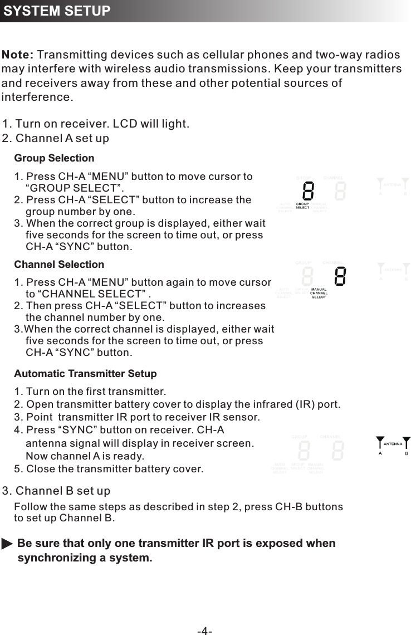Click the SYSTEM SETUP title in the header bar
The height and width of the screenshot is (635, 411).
(57, 11)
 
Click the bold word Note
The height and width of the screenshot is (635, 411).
(18, 55)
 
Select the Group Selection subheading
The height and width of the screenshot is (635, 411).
(54, 158)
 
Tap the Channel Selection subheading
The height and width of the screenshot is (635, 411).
(59, 265)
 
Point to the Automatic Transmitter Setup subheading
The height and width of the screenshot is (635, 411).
(85, 374)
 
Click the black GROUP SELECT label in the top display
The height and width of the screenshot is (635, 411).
(302, 206)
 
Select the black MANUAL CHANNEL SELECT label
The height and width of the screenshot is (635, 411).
(319, 293)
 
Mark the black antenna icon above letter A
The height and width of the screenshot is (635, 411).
(380, 442)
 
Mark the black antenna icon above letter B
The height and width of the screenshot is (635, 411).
(407, 442)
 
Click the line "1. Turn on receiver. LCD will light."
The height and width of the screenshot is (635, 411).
(96, 124)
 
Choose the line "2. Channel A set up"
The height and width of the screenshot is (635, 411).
(56, 138)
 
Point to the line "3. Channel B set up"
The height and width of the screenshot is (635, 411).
(56, 491)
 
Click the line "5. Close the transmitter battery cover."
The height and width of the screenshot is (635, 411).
(109, 469)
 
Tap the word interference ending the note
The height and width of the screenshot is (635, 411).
(37, 98)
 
